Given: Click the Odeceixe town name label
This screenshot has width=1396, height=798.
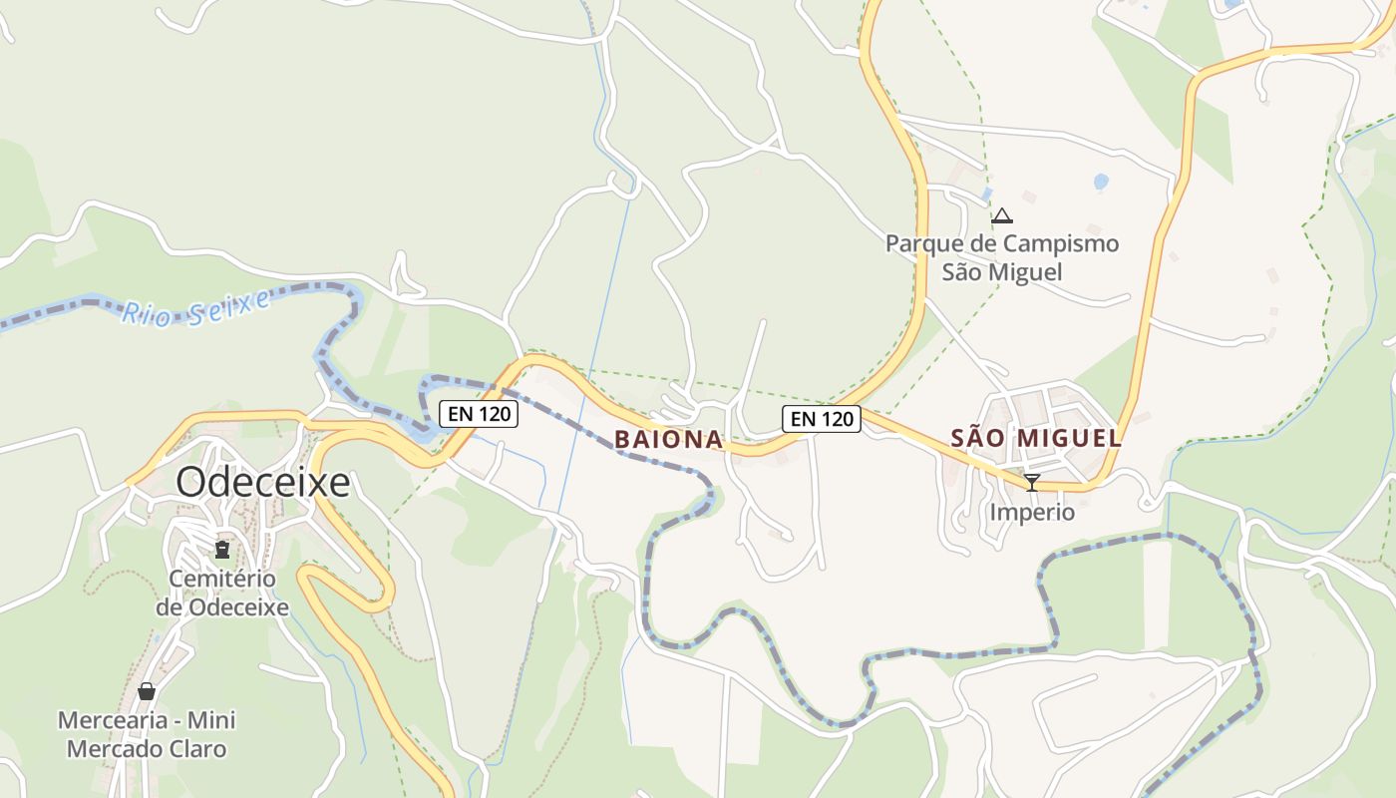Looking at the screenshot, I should point(263,483).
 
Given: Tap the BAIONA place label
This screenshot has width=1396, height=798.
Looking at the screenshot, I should point(668,439).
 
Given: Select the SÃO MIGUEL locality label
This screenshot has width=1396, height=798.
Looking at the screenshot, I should point(1036,438).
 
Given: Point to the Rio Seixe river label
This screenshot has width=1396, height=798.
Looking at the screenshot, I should point(195,307).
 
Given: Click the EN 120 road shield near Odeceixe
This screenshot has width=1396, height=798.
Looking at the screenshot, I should point(479,413).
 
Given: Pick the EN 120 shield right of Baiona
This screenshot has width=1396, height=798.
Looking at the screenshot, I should point(822,419).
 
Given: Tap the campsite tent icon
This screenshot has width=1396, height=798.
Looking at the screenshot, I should point(1002,214).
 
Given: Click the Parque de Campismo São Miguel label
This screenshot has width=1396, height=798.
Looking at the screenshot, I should point(1002,257).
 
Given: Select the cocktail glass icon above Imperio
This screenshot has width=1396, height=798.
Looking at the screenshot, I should point(1032,483).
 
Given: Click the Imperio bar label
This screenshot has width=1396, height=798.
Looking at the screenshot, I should point(1032,513).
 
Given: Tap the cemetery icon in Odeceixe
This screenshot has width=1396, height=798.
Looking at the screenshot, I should point(222,549).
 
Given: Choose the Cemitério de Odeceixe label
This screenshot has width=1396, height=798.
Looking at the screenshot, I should point(222,593).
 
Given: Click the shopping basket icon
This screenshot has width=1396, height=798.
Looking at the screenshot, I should point(147,691).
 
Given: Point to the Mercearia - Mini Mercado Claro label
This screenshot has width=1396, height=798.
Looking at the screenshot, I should point(147,734).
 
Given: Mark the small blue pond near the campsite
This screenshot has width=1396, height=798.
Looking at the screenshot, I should point(1101,182).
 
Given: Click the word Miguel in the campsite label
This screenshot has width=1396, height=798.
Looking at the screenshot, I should point(1025,272).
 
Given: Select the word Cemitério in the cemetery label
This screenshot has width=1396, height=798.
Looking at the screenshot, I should point(222,579).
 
